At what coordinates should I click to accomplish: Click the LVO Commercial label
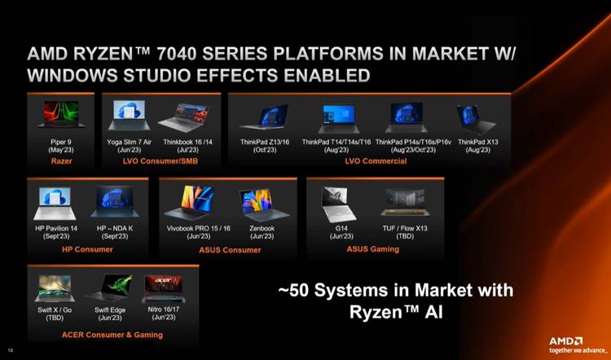pos(375,161)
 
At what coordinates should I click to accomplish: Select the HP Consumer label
pos(87,249)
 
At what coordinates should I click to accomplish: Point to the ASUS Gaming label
pos(374,249)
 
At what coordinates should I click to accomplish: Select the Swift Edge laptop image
pos(108,288)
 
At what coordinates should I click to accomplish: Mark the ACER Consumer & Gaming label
pos(112,335)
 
